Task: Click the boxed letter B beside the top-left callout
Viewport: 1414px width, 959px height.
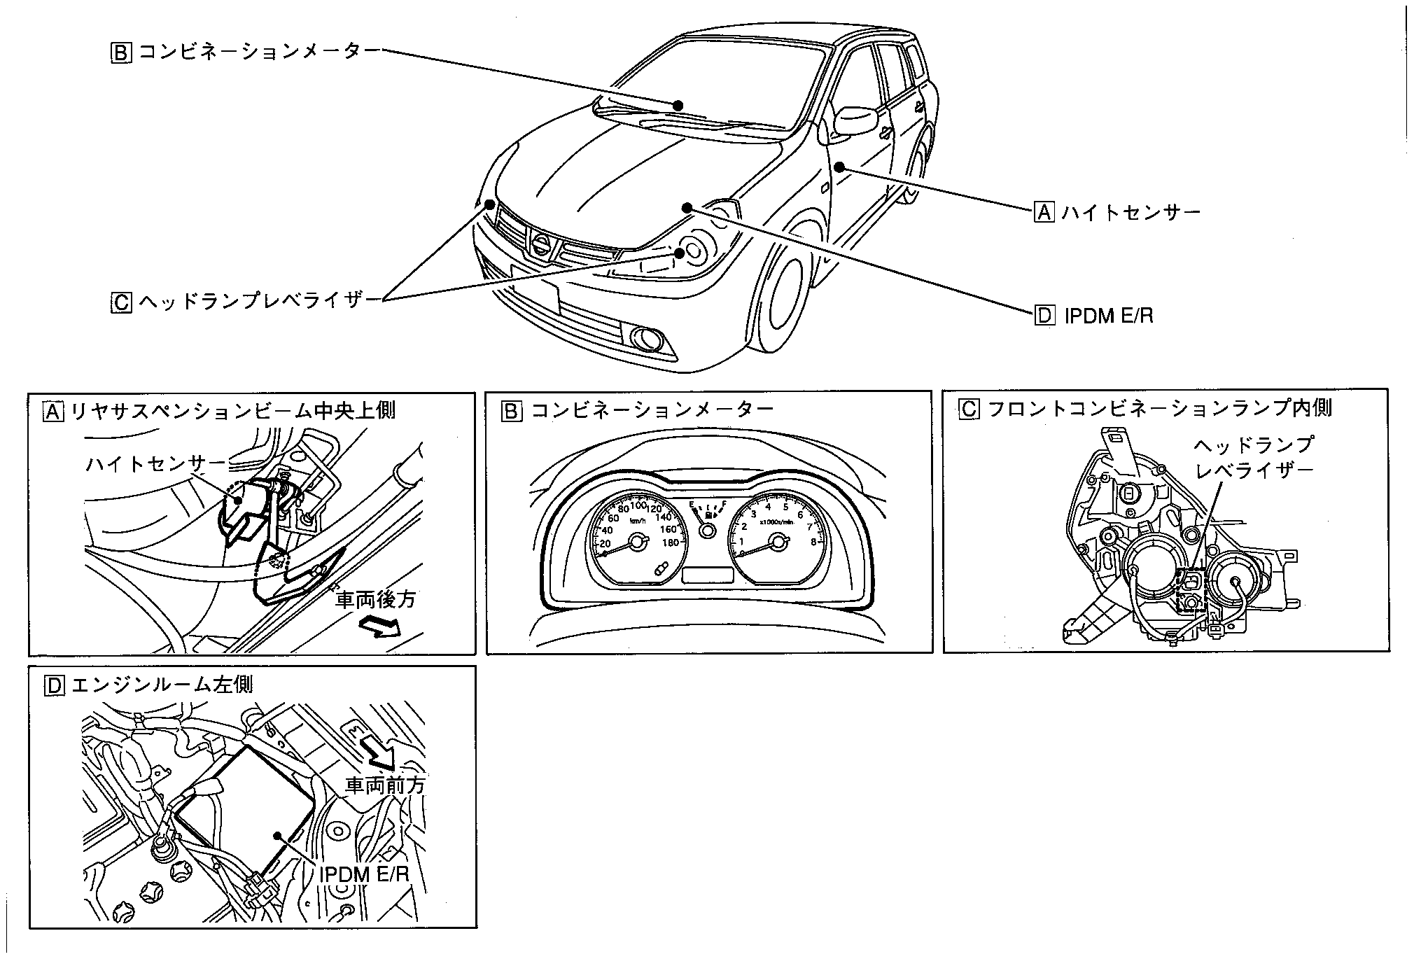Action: [120, 53]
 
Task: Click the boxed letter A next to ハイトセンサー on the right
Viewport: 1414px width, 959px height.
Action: [1044, 211]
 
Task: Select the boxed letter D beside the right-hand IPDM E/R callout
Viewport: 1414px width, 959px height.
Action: [1044, 316]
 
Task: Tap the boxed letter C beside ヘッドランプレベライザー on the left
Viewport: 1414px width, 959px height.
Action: [120, 302]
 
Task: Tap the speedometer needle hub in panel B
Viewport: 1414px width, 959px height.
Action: [637, 541]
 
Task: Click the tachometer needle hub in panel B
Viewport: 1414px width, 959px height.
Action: [777, 541]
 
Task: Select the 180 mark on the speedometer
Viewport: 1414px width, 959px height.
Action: [669, 543]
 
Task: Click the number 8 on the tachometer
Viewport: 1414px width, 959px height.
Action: [813, 541]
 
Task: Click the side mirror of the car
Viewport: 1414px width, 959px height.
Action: [855, 120]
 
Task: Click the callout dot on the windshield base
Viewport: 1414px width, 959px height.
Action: [678, 105]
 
